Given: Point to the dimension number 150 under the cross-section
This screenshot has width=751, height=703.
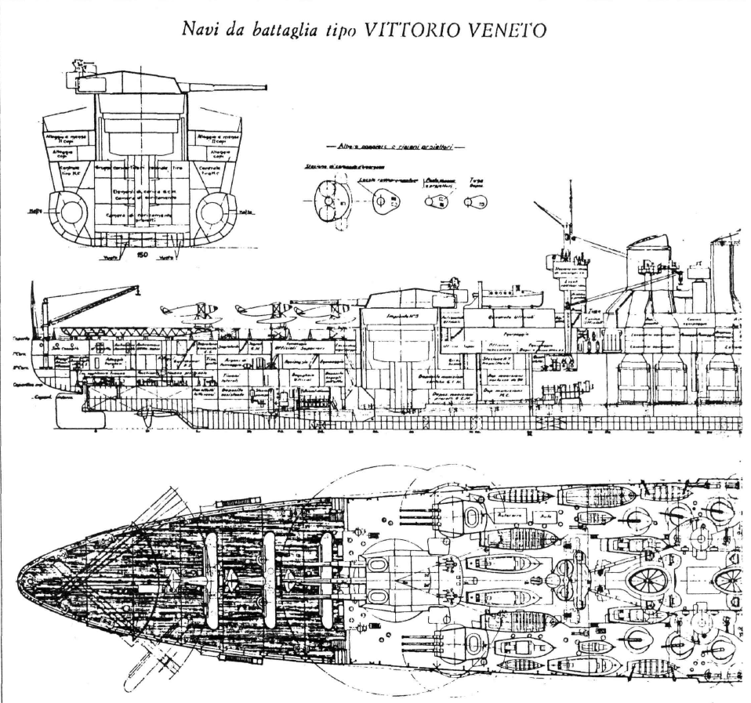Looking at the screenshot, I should (x=142, y=255).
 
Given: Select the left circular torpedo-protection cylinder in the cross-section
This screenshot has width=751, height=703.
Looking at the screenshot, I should (x=71, y=212).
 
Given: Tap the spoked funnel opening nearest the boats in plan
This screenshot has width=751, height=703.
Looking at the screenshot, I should (x=651, y=581).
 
